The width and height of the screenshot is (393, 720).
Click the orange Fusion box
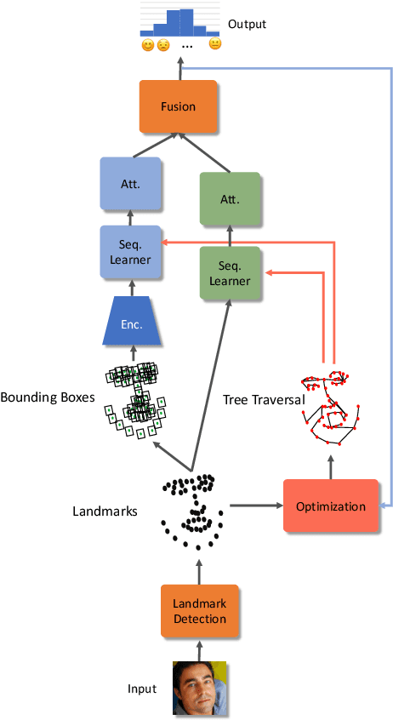pos(178,107)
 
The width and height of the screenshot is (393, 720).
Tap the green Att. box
pos(230,199)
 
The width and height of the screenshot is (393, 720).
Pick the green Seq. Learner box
pos(230,272)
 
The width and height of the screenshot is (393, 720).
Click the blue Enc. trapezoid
pos(132,323)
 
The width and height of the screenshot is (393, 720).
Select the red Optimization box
pos(330,506)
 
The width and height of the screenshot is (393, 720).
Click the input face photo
pos(200,688)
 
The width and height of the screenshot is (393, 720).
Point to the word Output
pos(247,25)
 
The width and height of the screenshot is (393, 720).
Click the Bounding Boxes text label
pos(47,397)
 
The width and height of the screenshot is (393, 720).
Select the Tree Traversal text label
pos(263,398)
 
